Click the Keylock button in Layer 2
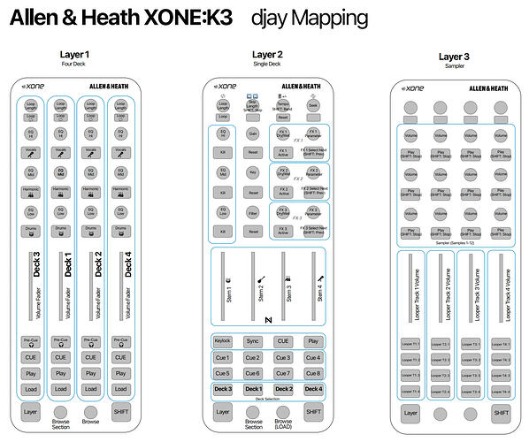tap(223, 340)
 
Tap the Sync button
tap(253, 340)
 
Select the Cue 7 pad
tap(282, 373)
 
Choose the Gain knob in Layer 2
tap(253, 134)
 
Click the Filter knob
tap(253, 212)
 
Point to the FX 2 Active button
tap(283, 193)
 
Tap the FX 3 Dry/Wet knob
tap(283, 212)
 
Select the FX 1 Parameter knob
tap(312, 134)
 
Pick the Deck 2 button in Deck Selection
tap(282, 389)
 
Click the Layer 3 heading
tap(455, 57)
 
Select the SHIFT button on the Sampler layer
tap(502, 412)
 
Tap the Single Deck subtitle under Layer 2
tap(267, 65)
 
